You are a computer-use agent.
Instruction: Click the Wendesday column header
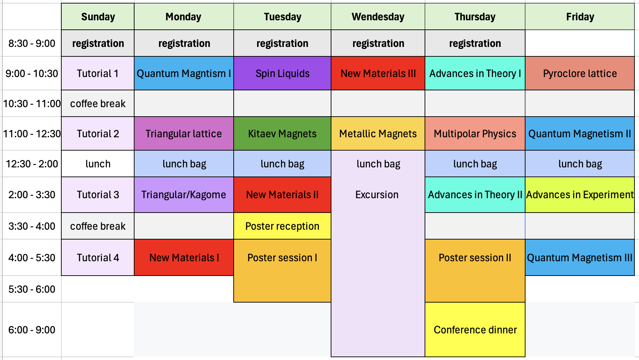coord(378,17)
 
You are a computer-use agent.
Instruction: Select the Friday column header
coord(580,17)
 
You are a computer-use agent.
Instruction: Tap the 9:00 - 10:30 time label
coord(32,74)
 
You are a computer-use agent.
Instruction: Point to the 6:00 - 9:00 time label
coord(32,330)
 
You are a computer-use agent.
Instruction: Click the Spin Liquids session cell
coord(282,74)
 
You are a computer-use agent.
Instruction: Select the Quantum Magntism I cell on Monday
coord(184,74)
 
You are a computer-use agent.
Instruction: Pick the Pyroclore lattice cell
coord(580,74)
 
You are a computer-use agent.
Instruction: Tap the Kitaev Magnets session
coord(282,134)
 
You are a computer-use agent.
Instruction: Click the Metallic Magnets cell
coord(378,134)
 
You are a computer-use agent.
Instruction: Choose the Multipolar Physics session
coord(475,134)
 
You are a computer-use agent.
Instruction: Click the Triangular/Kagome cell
coord(184,195)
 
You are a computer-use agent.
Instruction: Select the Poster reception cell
coord(282,226)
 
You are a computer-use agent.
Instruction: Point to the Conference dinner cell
coord(475,330)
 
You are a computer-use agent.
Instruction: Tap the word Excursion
coord(377,195)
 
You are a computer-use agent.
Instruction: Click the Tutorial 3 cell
coord(98,195)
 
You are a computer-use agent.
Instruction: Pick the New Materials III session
coord(378,74)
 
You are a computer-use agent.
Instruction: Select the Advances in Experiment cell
coord(580,195)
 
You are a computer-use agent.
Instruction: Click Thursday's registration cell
coord(475,43)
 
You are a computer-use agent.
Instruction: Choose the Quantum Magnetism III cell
coord(580,258)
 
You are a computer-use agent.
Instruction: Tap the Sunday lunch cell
coord(98,164)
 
